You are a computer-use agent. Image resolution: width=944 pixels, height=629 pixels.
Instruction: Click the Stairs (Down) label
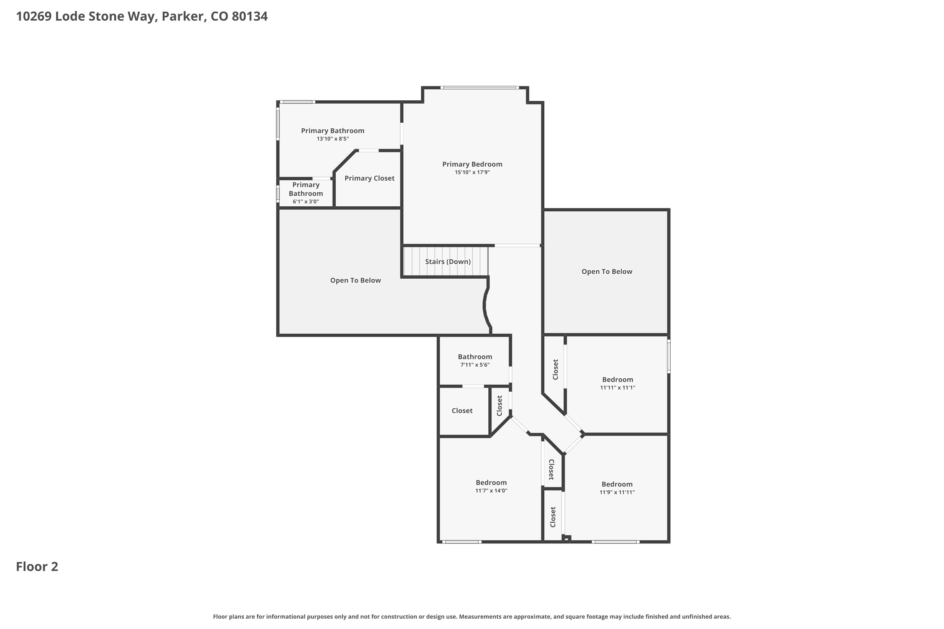tap(447, 262)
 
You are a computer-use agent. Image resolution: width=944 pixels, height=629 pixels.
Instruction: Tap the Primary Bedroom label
tap(472, 164)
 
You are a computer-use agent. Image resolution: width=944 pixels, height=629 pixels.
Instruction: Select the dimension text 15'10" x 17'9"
tap(472, 172)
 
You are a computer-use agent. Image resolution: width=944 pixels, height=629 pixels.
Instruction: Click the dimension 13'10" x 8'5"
tap(333, 139)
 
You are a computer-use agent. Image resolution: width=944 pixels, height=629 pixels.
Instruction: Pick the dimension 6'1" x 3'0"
tap(306, 201)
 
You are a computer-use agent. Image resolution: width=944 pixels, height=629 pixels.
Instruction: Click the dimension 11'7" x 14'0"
tap(491, 491)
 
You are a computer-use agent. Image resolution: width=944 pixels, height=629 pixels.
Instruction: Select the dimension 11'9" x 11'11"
tap(617, 492)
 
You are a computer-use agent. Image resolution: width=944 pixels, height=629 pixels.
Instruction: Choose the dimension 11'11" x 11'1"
tap(617, 387)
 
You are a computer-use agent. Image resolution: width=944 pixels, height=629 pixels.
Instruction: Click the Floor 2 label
tap(37, 566)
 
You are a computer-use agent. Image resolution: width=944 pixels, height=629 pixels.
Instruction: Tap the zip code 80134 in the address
tap(250, 16)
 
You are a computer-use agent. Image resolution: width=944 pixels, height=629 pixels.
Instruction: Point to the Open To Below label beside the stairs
tap(355, 281)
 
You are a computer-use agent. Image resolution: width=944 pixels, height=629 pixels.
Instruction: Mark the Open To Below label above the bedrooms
tap(607, 272)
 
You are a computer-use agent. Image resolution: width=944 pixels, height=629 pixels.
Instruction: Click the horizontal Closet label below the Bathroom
tap(462, 411)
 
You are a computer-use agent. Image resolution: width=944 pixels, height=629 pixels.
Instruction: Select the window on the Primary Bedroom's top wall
tap(479, 87)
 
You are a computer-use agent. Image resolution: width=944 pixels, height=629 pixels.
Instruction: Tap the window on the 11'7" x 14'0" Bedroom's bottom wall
tap(462, 542)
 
